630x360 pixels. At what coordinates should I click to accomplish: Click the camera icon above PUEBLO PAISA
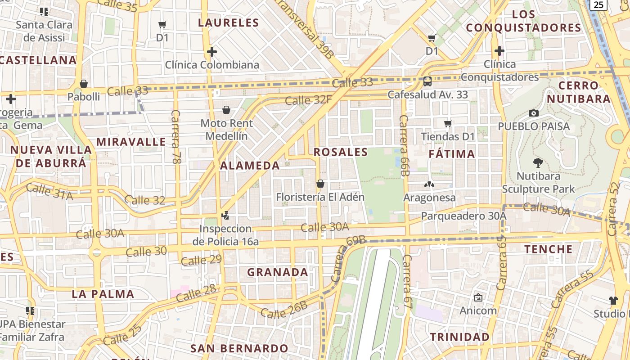(534, 113)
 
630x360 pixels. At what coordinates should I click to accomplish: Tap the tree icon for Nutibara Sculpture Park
(538, 163)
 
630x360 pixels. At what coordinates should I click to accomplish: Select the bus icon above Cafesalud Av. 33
(427, 81)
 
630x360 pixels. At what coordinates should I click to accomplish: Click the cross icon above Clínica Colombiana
(211, 52)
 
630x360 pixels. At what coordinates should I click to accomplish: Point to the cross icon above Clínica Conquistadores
(499, 50)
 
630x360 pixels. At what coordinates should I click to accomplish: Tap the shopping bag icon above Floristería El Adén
(320, 184)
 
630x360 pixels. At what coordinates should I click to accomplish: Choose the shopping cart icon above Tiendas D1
(448, 123)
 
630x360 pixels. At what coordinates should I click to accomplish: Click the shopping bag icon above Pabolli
(83, 84)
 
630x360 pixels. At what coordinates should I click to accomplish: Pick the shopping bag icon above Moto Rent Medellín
(226, 110)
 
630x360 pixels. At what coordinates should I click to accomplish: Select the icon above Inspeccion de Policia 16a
(225, 216)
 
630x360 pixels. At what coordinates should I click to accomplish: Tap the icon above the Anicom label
(478, 297)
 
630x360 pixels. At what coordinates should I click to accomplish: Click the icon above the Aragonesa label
(429, 184)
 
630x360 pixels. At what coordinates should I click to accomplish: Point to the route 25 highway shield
(598, 4)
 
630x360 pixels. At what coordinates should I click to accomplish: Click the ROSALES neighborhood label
(341, 152)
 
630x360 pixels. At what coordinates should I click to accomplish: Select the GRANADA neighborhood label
(278, 272)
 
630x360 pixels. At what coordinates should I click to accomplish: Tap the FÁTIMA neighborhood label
(452, 154)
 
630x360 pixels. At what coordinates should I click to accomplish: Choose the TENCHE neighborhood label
(549, 249)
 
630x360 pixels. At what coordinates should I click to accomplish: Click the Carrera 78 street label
(176, 136)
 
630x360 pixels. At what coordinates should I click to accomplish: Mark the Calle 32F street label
(309, 100)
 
